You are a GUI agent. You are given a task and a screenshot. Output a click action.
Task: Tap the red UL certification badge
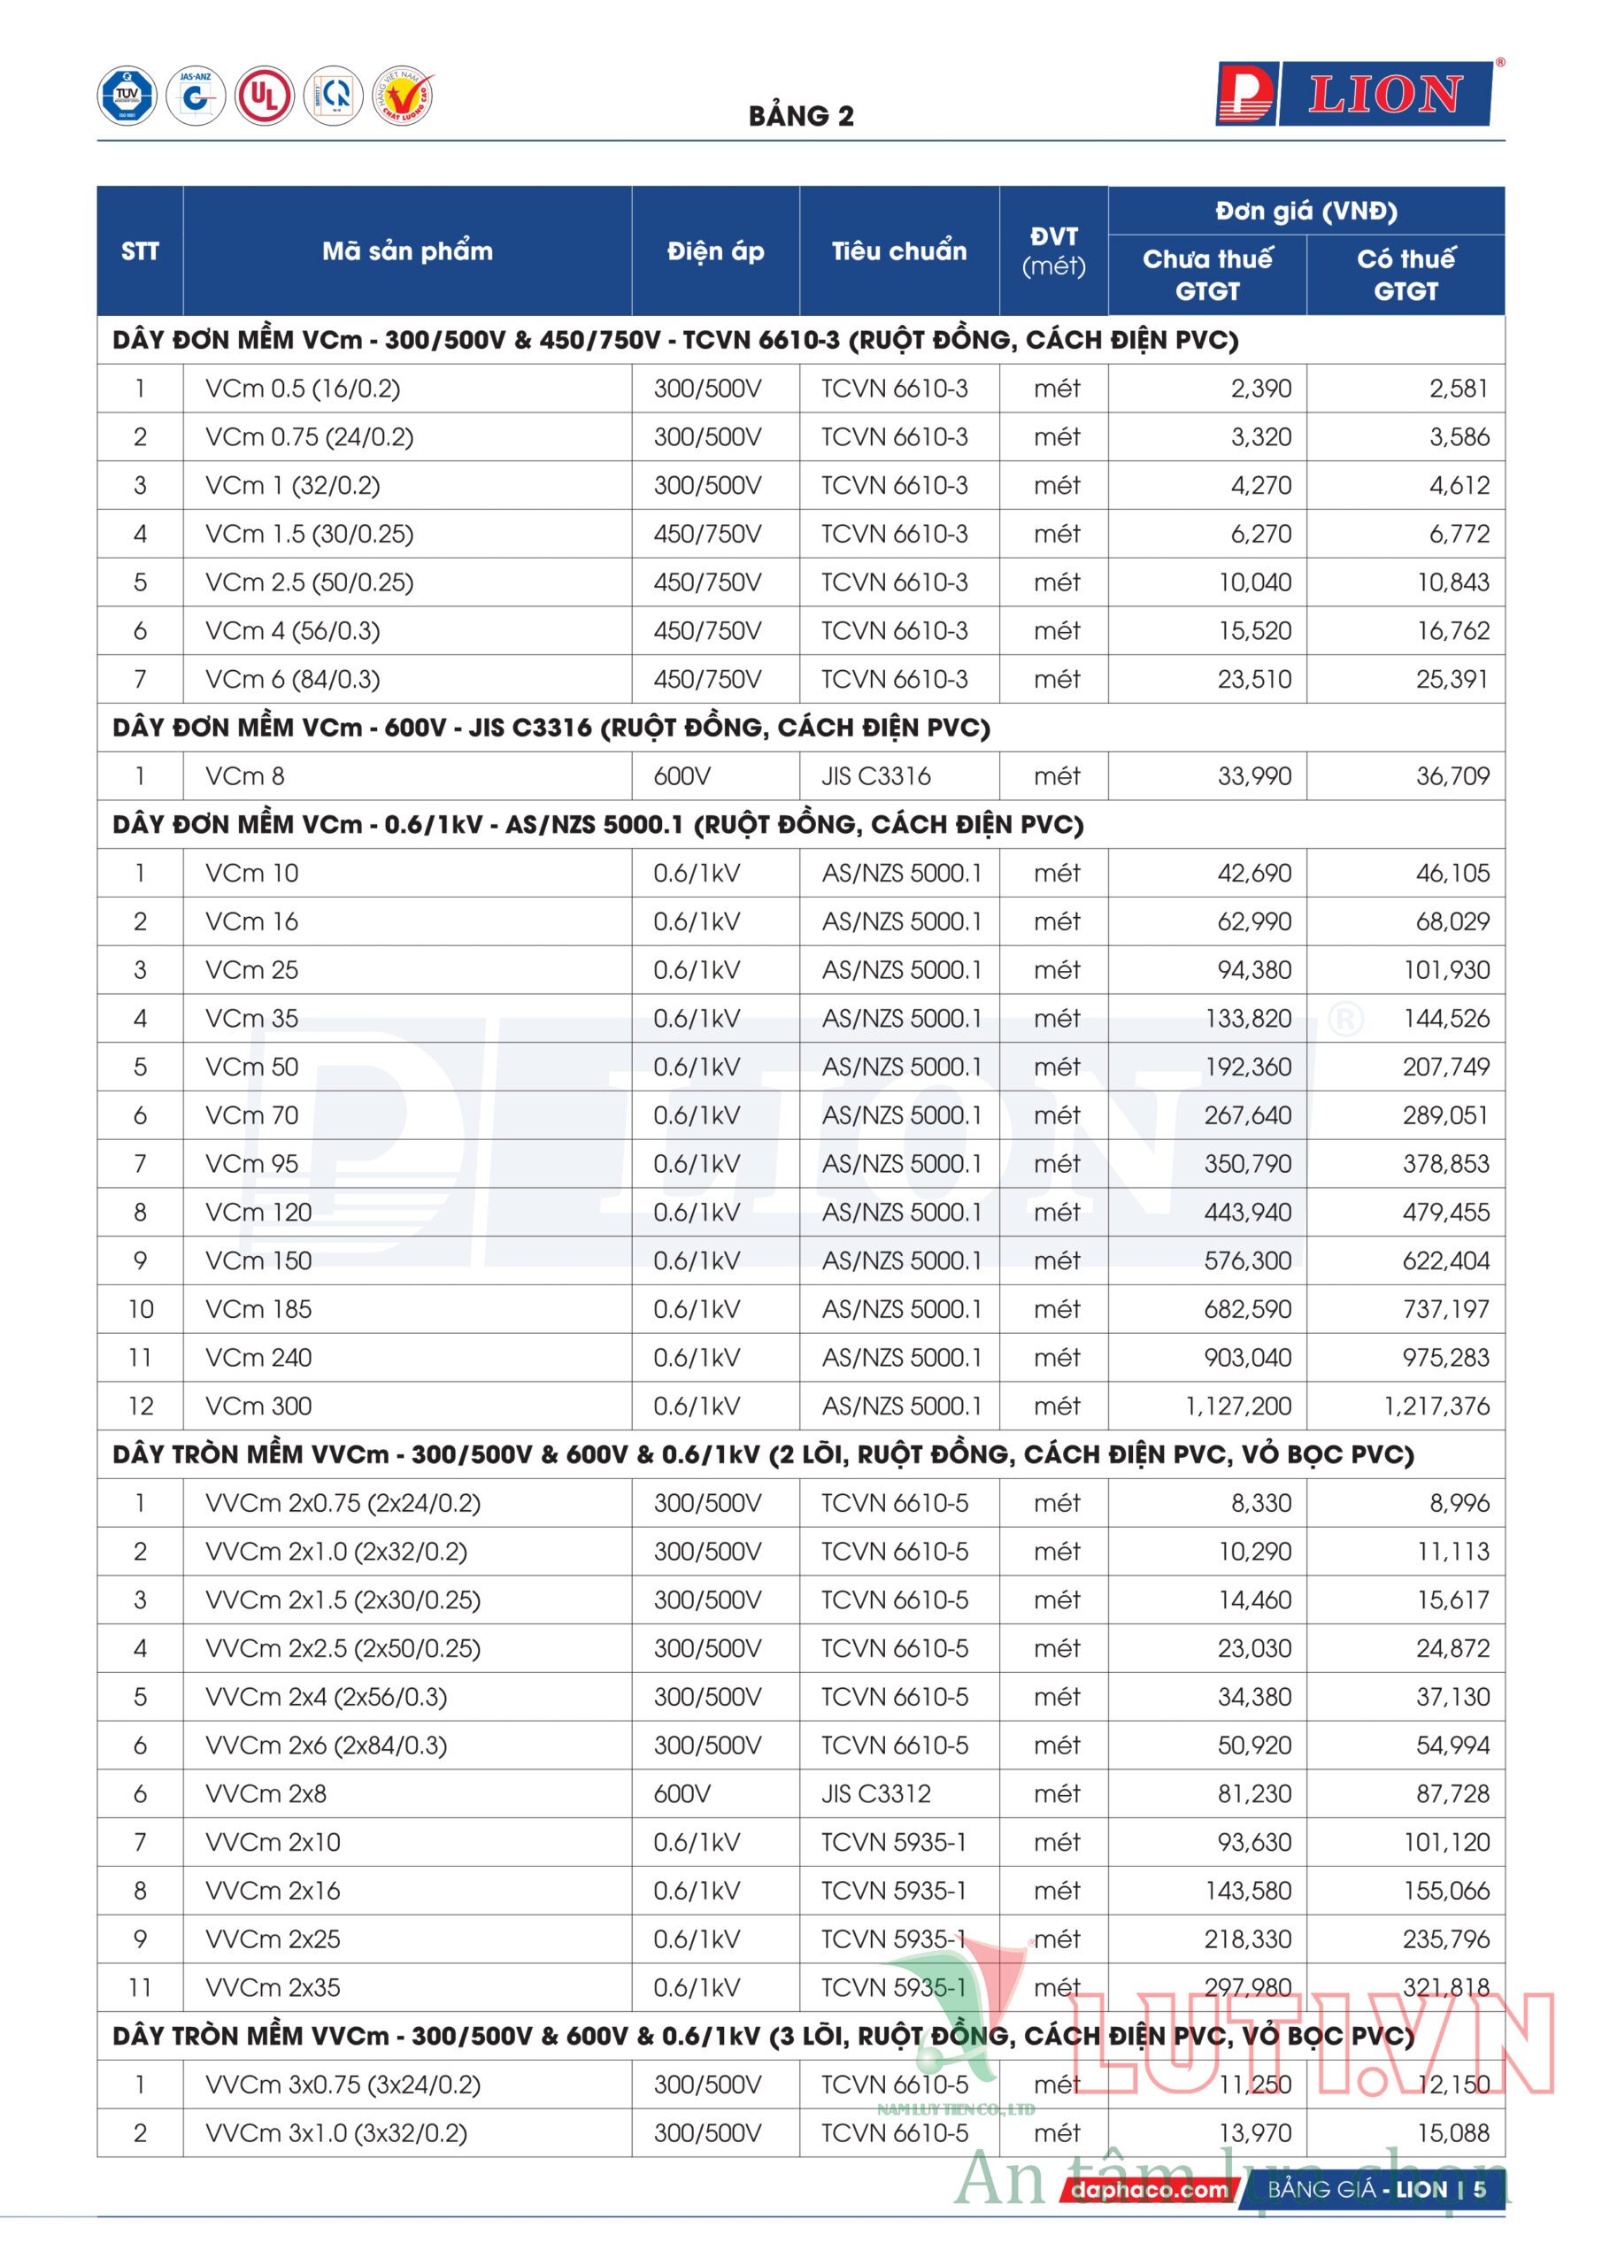click(264, 96)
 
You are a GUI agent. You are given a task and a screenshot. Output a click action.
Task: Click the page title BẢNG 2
click(800, 117)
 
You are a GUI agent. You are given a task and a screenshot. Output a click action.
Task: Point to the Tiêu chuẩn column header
click(898, 251)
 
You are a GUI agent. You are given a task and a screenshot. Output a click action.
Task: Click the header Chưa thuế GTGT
click(1206, 274)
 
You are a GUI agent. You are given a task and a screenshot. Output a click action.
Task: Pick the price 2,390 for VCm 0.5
click(1260, 389)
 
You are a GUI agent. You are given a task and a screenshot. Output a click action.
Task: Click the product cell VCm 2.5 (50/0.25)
click(309, 582)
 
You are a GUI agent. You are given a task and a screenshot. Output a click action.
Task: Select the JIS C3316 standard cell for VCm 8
click(875, 776)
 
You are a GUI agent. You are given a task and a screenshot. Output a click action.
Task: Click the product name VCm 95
click(251, 1165)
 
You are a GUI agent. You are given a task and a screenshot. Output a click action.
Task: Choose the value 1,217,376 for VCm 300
click(1436, 1407)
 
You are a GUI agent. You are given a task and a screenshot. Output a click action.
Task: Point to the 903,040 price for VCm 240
click(1248, 1358)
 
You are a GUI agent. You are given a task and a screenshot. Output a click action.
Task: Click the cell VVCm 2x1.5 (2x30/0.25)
click(343, 1599)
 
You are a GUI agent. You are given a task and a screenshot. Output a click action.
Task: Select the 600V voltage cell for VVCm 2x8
click(682, 1794)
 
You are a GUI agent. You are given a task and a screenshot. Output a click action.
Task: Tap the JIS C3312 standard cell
click(875, 1794)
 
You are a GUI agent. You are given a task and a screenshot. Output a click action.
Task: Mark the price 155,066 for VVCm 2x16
click(1446, 1891)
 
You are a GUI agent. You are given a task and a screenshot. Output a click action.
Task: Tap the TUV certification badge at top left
click(127, 96)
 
